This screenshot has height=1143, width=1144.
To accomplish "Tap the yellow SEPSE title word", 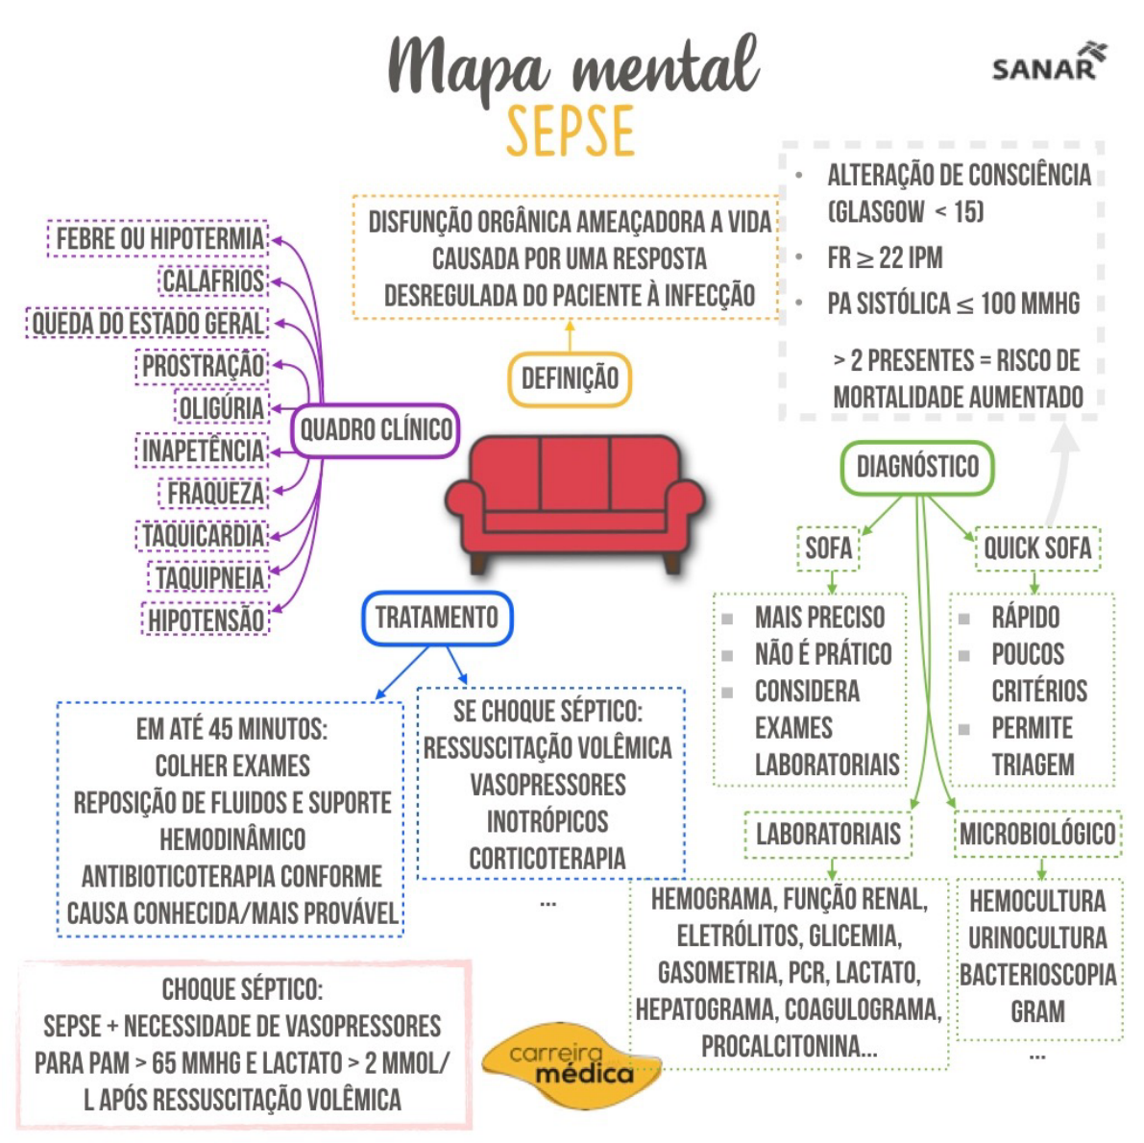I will [x=571, y=132].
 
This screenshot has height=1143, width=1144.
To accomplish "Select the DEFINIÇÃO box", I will [x=570, y=378].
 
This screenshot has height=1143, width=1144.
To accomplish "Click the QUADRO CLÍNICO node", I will [x=376, y=429].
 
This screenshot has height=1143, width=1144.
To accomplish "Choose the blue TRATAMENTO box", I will [x=437, y=618].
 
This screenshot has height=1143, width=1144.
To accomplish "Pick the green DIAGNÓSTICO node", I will [x=917, y=468].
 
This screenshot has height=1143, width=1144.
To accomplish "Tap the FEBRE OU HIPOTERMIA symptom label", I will [x=159, y=238].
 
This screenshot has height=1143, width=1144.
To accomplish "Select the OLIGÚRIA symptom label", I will [x=221, y=408].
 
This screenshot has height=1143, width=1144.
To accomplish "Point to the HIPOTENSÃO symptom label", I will [x=206, y=620].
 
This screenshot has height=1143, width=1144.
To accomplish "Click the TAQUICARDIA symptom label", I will [x=203, y=535].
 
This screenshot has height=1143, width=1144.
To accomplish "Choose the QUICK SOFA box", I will [x=1037, y=548].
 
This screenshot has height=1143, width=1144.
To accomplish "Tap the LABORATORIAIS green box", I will [x=828, y=834].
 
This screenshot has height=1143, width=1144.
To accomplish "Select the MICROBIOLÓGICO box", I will [x=1037, y=834].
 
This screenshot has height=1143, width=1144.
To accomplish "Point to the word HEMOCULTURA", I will [x=1037, y=901].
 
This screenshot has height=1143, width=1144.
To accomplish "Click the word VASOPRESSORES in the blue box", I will [x=548, y=785].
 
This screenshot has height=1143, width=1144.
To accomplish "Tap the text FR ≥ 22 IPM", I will [x=885, y=258].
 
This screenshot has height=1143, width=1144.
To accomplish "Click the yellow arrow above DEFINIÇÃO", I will [x=570, y=337].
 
